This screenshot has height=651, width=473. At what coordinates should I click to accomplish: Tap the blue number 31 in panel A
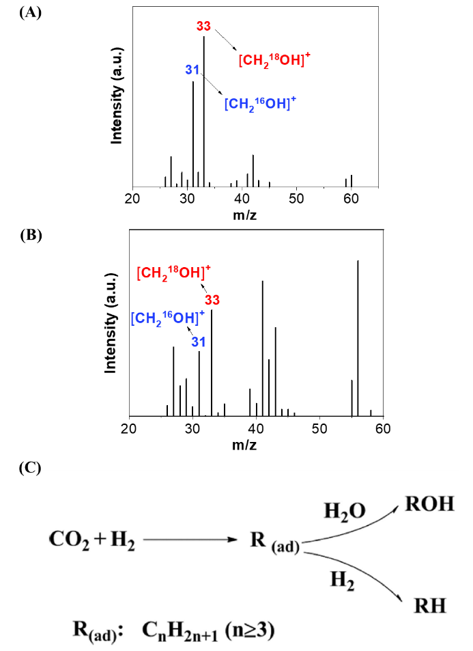tap(192, 70)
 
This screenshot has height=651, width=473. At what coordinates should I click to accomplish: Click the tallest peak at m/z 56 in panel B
tap(358, 335)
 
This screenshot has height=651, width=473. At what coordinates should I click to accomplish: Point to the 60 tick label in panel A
tap(351, 199)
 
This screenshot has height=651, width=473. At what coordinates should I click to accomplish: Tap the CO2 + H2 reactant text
tap(91, 540)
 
